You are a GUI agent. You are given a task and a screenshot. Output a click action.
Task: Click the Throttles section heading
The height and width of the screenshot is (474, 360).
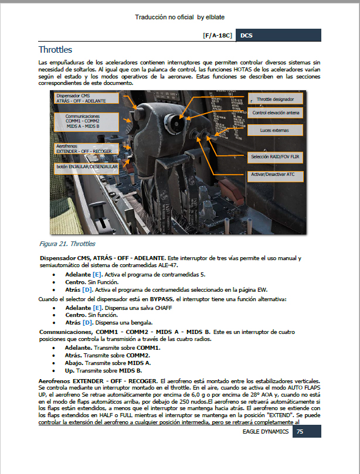tap(55, 50)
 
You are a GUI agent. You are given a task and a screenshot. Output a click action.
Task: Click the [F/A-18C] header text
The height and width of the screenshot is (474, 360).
tap(217, 35)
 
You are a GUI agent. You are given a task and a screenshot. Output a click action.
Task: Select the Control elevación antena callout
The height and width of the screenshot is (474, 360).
tap(275, 112)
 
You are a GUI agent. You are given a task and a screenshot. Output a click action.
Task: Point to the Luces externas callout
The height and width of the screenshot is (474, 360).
tap(274, 129)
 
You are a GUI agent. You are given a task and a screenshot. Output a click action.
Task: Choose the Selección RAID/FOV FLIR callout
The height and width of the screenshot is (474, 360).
tap(275, 157)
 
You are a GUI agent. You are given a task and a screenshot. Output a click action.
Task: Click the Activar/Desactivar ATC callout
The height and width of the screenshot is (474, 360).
tap(273, 174)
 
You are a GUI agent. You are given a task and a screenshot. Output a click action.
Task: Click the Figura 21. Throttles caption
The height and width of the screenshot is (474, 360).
tap(67, 244)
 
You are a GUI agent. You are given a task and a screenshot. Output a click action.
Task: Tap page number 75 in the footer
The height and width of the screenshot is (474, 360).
tap(300, 431)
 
